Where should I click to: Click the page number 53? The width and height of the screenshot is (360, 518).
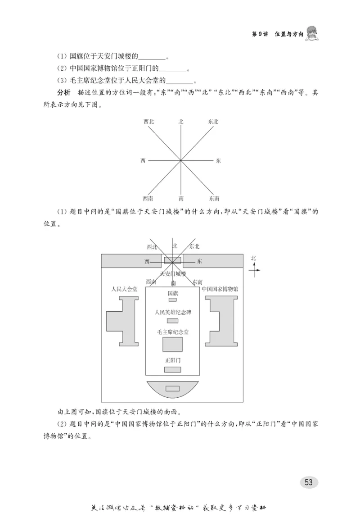click(x=308, y=482)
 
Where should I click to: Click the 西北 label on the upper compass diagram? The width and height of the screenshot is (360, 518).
click(x=148, y=122)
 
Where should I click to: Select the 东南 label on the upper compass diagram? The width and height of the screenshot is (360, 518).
click(x=214, y=198)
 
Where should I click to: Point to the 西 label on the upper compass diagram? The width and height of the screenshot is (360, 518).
click(x=143, y=160)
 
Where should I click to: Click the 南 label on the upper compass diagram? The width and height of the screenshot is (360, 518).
click(x=181, y=198)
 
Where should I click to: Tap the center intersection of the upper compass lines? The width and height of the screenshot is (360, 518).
click(x=181, y=160)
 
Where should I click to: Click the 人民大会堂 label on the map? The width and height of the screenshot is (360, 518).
click(x=124, y=289)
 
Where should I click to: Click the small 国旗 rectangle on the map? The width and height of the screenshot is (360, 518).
click(x=172, y=300)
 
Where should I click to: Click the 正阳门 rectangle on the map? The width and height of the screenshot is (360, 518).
click(x=172, y=369)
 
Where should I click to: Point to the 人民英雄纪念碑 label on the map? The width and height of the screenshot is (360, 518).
click(x=172, y=312)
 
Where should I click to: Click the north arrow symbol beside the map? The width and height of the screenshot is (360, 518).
click(x=254, y=269)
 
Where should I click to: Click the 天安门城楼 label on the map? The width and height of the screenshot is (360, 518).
click(x=172, y=274)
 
